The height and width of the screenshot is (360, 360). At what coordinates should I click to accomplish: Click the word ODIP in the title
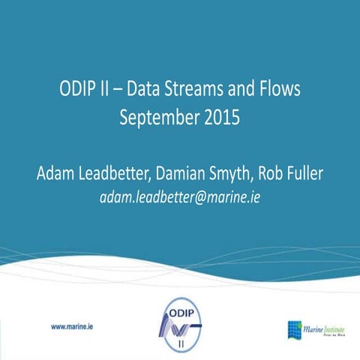[79, 90]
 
